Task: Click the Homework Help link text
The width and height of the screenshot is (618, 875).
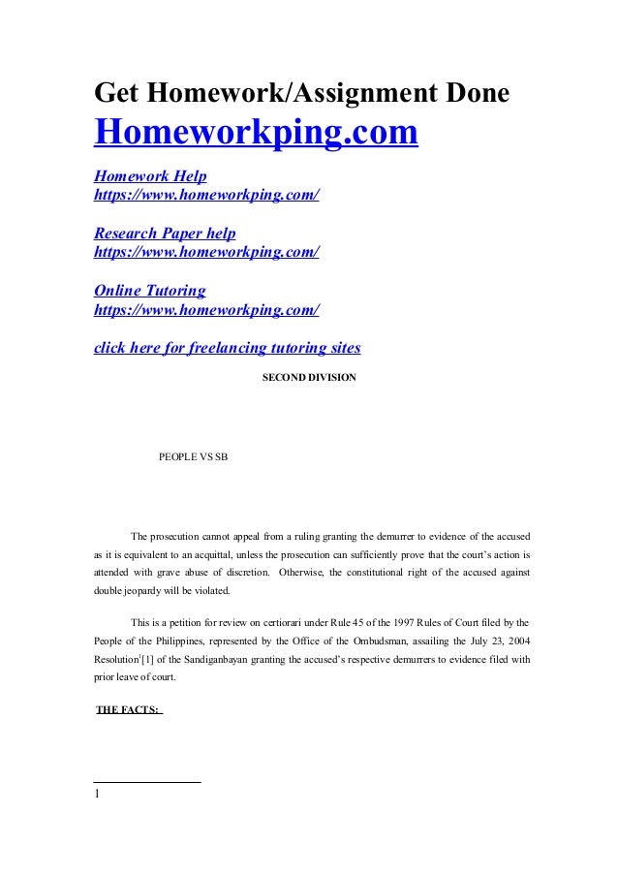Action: point(149,176)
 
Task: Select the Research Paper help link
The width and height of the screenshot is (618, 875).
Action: point(164,234)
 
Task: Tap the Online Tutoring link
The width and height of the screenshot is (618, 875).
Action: point(149,291)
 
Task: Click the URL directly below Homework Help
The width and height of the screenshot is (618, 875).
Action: point(205,195)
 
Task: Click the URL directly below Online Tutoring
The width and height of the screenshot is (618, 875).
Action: point(205,309)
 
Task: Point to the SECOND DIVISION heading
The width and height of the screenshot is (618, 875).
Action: point(309,376)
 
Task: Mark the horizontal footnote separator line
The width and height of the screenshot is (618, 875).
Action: point(147,780)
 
